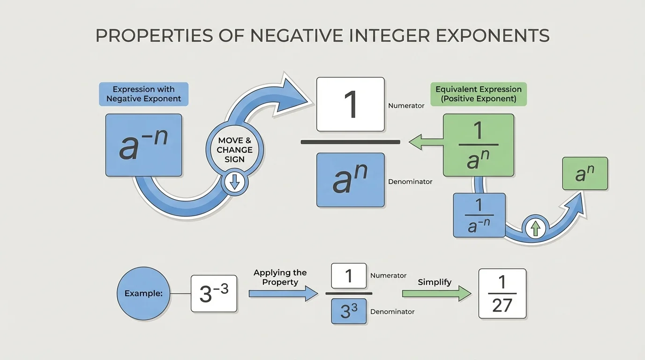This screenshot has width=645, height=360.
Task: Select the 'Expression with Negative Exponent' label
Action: (143, 94)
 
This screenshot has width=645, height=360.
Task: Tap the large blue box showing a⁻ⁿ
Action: (143, 145)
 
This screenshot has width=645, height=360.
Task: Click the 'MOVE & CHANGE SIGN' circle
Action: (234, 150)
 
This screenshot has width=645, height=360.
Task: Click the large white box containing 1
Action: (350, 104)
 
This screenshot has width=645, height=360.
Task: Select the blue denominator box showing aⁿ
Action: (350, 180)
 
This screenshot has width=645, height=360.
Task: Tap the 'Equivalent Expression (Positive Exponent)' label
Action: (478, 94)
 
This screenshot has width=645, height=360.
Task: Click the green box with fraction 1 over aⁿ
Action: (478, 145)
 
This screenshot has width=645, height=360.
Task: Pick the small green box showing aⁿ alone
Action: (585, 173)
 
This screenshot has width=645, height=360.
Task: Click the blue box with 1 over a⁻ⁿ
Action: (479, 215)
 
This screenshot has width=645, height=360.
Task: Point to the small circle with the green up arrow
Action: (536, 228)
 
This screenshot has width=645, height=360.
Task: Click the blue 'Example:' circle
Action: (143, 294)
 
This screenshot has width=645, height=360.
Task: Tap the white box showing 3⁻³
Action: (214, 294)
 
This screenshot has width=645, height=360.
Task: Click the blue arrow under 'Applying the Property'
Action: (277, 294)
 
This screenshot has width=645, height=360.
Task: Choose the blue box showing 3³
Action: (349, 311)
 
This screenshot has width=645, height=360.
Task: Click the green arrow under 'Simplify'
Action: (436, 294)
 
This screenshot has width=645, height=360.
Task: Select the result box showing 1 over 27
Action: (502, 294)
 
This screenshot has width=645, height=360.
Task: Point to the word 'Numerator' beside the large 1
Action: (406, 106)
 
